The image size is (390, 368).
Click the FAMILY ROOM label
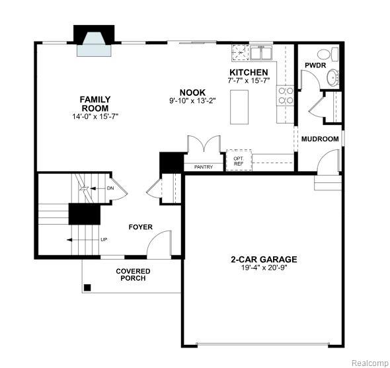(x=95, y=104)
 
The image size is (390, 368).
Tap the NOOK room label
(x=192, y=92)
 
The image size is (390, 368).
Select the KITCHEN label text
(x=249, y=72)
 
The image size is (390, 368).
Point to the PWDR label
(x=313, y=65)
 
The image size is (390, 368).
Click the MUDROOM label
(x=320, y=139)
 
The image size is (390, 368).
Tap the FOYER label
(x=140, y=227)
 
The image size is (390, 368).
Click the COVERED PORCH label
(x=133, y=275)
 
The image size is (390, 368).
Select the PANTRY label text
(x=204, y=167)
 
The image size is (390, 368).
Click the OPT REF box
(x=238, y=161)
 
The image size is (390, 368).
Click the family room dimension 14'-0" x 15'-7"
(x=95, y=116)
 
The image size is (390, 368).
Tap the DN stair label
(x=110, y=188)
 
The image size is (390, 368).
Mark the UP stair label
(x=104, y=239)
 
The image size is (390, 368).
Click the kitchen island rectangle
(x=240, y=107)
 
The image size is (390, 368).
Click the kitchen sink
(x=253, y=52)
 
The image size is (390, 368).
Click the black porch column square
(x=87, y=287)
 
